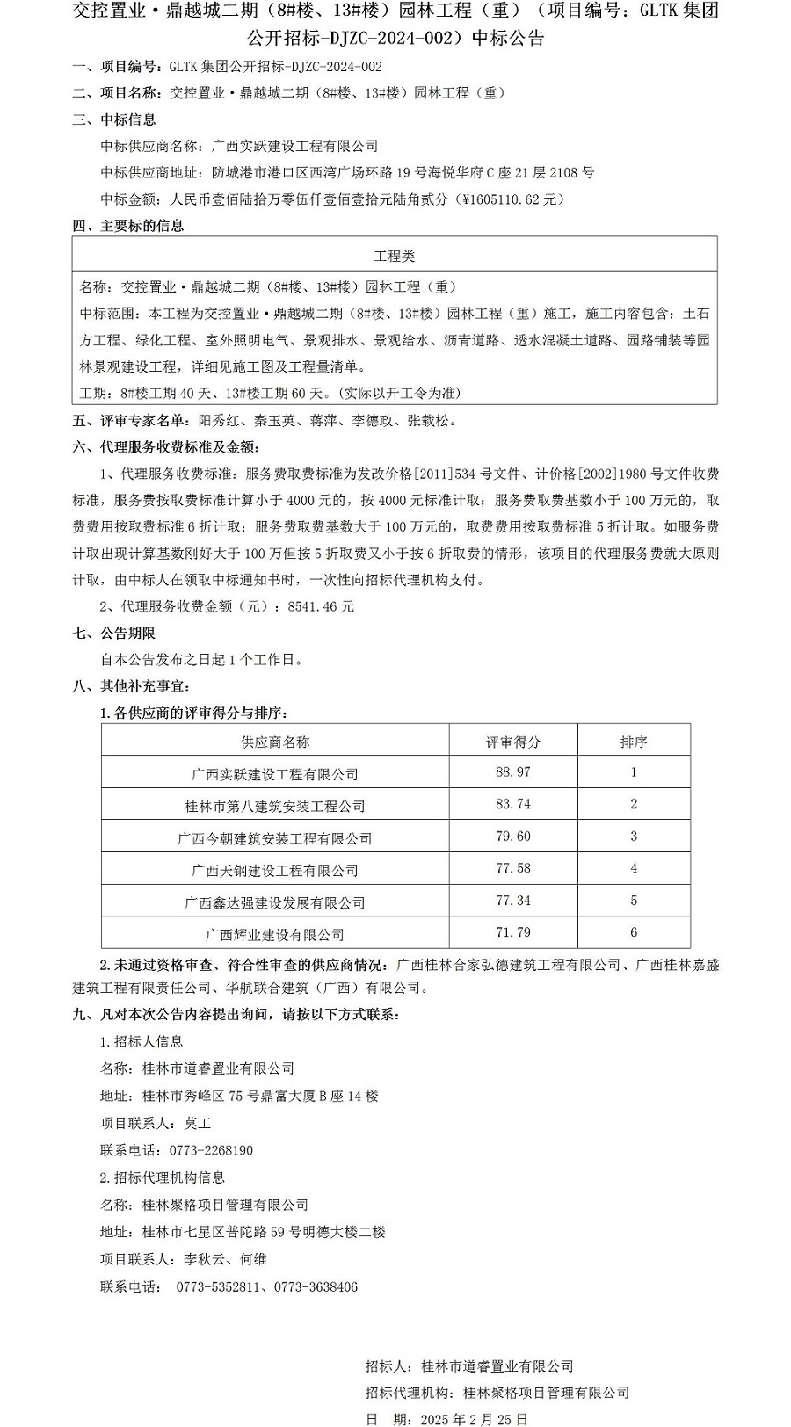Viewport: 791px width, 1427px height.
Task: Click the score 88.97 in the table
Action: [x=513, y=771]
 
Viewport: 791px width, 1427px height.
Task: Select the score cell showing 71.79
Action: [x=513, y=932]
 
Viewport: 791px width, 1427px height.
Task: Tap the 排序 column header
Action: [x=633, y=742]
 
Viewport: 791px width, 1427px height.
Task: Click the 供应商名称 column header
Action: [x=275, y=742]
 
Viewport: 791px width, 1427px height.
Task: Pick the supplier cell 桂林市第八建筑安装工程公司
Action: [x=275, y=806]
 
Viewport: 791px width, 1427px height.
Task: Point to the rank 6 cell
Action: [x=633, y=932]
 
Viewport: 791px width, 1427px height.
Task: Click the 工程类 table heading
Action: [x=394, y=256]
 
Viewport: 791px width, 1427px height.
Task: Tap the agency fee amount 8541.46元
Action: [x=321, y=606]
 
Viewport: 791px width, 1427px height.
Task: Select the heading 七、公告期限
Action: [x=114, y=633]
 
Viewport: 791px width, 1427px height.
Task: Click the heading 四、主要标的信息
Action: [x=128, y=226]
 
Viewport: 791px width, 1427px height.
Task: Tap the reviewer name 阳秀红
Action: [x=219, y=421]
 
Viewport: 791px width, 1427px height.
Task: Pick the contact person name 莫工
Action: [x=198, y=1123]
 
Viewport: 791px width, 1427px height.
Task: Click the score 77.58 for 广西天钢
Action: [x=513, y=868]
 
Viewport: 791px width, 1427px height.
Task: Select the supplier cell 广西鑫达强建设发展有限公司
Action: [x=275, y=902]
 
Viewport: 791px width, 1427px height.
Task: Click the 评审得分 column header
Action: [x=513, y=742]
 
